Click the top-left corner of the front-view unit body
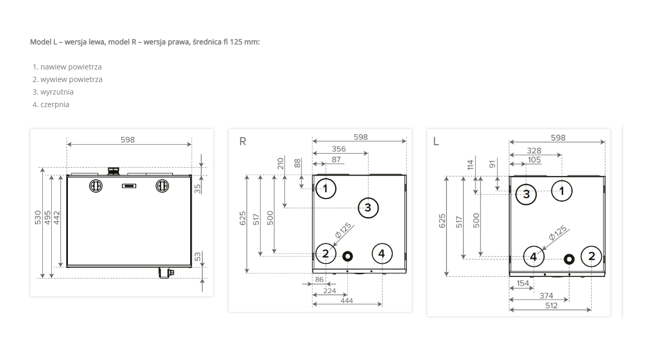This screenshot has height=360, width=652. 67,175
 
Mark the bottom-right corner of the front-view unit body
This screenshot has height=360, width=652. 191,267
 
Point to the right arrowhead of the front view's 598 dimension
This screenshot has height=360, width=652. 190,144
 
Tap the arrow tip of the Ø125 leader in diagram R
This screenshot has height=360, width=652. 332,247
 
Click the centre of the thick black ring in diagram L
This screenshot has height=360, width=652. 569,259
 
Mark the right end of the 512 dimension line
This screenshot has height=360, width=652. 591,310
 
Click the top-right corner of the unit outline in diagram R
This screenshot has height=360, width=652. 406,175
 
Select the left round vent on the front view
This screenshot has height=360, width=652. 96,186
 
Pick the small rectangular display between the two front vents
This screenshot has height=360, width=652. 129,185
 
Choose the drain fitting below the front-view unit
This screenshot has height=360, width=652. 166,273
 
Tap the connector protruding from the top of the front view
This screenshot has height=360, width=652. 113,171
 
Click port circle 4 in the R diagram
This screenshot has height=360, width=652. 382,253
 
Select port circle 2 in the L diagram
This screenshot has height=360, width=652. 591,257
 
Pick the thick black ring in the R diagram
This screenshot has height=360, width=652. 347,257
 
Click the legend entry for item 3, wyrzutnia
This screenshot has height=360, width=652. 53,92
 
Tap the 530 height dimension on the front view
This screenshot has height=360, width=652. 38,218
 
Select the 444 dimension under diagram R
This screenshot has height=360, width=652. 347,300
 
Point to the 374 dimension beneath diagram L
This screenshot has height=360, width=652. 546,296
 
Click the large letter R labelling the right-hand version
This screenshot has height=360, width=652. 243,142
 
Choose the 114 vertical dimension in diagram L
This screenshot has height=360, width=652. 470,165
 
